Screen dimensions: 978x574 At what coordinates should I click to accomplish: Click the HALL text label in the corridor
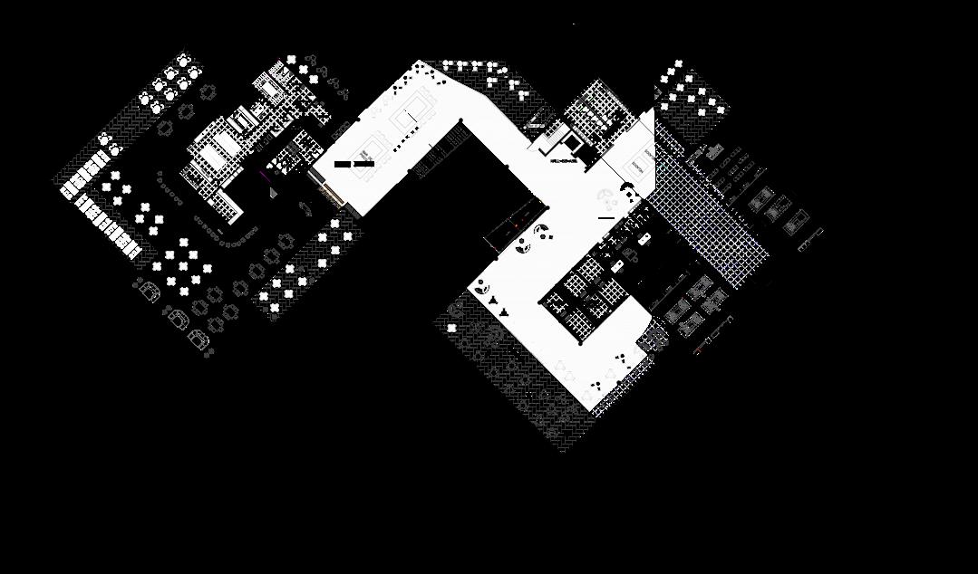564,162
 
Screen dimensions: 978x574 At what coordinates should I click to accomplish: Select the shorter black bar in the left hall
342,165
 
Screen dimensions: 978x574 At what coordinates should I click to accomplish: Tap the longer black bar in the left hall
363,165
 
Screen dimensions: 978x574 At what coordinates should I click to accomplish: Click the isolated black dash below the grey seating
606,217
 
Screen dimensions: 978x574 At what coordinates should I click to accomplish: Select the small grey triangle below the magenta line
270,192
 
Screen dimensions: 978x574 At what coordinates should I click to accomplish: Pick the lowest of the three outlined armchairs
198,340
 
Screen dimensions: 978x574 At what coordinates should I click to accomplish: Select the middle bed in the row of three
777,209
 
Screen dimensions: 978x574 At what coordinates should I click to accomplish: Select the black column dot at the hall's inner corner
460,121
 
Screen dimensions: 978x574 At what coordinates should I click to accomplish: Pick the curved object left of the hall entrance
305,207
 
